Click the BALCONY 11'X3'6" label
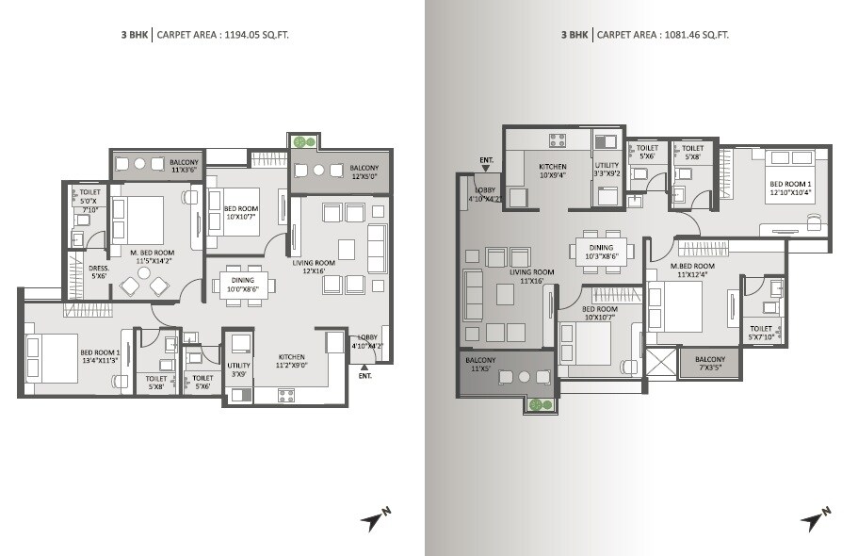185,167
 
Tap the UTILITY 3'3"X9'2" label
607,170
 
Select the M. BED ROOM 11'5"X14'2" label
152,256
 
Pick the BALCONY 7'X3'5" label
710,363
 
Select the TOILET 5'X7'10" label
761,333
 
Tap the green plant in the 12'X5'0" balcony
300,142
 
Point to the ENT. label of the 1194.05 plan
365,376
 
